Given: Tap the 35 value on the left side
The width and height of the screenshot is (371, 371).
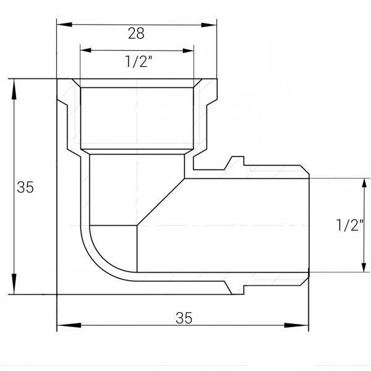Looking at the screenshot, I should pyautogui.click(x=25, y=187).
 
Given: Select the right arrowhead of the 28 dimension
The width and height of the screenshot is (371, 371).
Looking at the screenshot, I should pyautogui.click(x=213, y=25).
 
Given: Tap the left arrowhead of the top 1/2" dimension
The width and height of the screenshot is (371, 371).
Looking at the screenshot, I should pyautogui.click(x=84, y=51).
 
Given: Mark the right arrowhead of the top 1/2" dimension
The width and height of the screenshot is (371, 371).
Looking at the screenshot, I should pyautogui.click(x=189, y=51).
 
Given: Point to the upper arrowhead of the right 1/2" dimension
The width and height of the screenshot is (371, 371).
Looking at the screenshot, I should pyautogui.click(x=362, y=181).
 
